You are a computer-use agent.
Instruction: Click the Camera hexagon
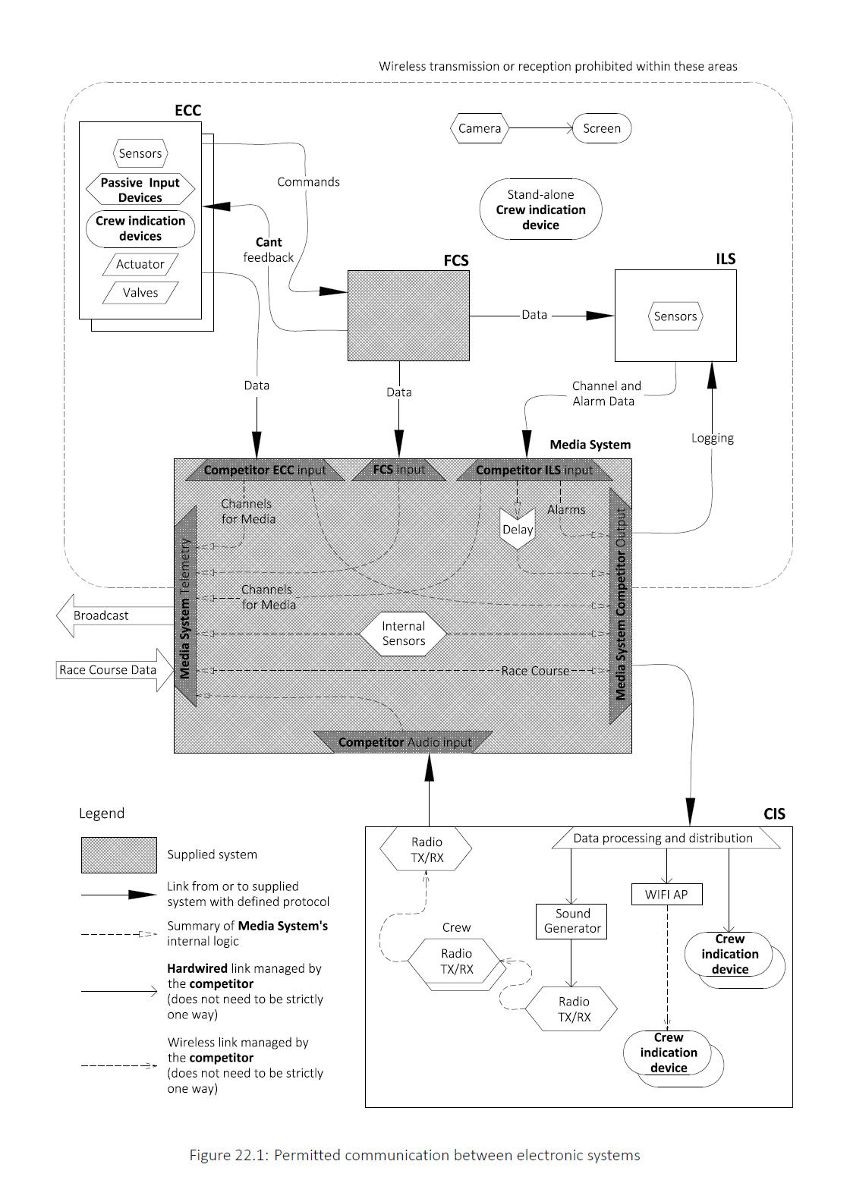[x=479, y=128]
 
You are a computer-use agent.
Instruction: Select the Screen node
[x=602, y=128]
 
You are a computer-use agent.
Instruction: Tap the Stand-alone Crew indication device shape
[x=540, y=209]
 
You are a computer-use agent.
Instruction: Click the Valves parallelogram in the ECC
[x=140, y=292]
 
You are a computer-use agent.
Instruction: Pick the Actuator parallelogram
[x=140, y=264]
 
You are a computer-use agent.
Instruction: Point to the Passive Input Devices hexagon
[x=140, y=190]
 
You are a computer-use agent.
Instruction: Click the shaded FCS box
[x=408, y=316]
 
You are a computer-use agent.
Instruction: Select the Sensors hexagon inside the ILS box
[x=675, y=316]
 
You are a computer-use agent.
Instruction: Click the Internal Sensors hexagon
[x=403, y=634]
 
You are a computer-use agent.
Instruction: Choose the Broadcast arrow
[x=115, y=615]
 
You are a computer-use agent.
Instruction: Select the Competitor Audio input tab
[x=404, y=742]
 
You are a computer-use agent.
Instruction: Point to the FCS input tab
[x=398, y=470]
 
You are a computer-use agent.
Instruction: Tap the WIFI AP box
[x=666, y=895]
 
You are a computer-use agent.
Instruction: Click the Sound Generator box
[x=571, y=921]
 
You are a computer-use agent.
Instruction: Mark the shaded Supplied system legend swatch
[x=119, y=854]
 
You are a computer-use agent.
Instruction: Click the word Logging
[x=712, y=438]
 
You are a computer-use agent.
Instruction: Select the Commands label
[x=308, y=182]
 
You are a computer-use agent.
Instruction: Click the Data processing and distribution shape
[x=666, y=839]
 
